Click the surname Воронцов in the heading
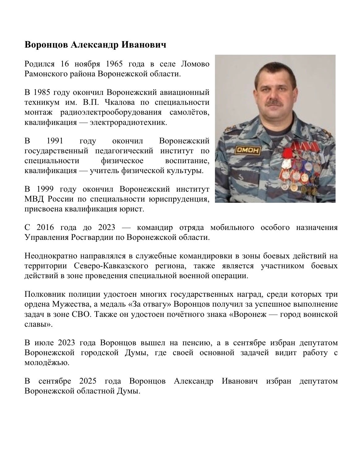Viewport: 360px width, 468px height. (46, 45)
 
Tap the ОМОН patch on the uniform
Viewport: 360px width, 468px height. (248, 150)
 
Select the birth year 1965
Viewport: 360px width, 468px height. (114, 64)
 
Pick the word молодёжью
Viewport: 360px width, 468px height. (47, 363)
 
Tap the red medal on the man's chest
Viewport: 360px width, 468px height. (287, 153)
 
